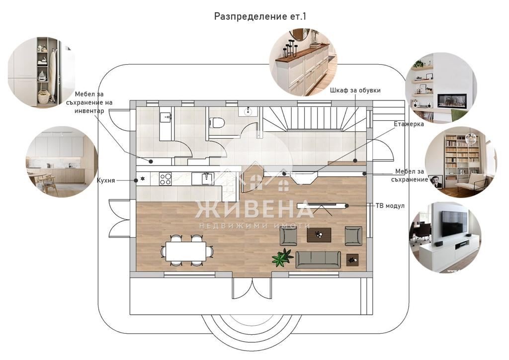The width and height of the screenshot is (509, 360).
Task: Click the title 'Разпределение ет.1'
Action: [x=260, y=16]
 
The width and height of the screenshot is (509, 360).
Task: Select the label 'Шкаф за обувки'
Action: [x=355, y=90]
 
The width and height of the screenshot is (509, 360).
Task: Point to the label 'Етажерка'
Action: [x=409, y=124]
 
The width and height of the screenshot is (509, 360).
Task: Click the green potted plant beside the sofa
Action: [x=282, y=257]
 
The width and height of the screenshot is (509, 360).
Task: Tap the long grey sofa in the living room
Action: [x=318, y=259]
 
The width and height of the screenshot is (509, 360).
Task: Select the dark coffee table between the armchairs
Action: [x=319, y=234]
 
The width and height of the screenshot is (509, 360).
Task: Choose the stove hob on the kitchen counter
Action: [x=165, y=179]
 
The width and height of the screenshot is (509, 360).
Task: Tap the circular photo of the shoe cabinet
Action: [x=303, y=62]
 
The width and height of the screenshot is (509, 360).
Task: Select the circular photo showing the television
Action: [x=445, y=237]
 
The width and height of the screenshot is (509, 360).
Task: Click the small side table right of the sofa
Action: [x=352, y=259]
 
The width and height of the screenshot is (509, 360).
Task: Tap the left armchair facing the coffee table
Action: [x=288, y=236]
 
